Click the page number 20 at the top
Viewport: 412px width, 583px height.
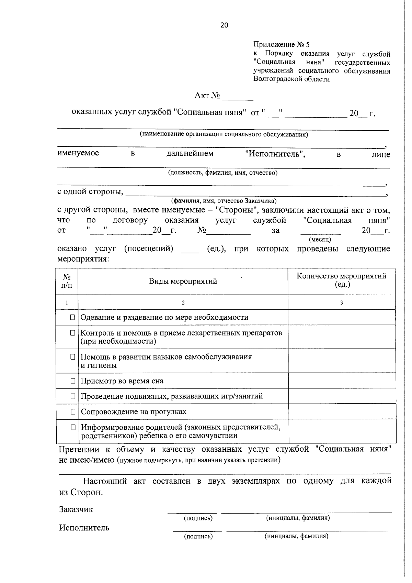pos(224,25)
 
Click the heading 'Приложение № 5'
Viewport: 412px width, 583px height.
pos(281,45)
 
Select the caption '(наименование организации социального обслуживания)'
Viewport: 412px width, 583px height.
pos(224,134)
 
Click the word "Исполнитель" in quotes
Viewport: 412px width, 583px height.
pos(275,154)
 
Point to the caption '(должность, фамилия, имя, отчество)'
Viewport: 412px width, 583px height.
pos(222,173)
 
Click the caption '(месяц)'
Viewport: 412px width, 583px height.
pos(320,239)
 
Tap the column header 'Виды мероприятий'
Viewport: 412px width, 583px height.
pos(183,282)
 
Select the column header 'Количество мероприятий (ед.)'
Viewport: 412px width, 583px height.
pos(341,280)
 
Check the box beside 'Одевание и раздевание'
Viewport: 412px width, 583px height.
pos(73,317)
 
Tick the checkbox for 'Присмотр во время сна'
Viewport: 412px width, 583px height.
pos(73,381)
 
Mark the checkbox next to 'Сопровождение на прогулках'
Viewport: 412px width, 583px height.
pos(73,411)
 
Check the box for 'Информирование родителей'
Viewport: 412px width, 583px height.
pos(73,427)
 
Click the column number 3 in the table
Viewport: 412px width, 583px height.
pos(341,303)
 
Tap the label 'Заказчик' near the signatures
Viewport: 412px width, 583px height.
pos(76,509)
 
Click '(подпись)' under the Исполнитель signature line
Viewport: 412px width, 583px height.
pos(198,536)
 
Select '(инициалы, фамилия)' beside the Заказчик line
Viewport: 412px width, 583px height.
pos(298,518)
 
